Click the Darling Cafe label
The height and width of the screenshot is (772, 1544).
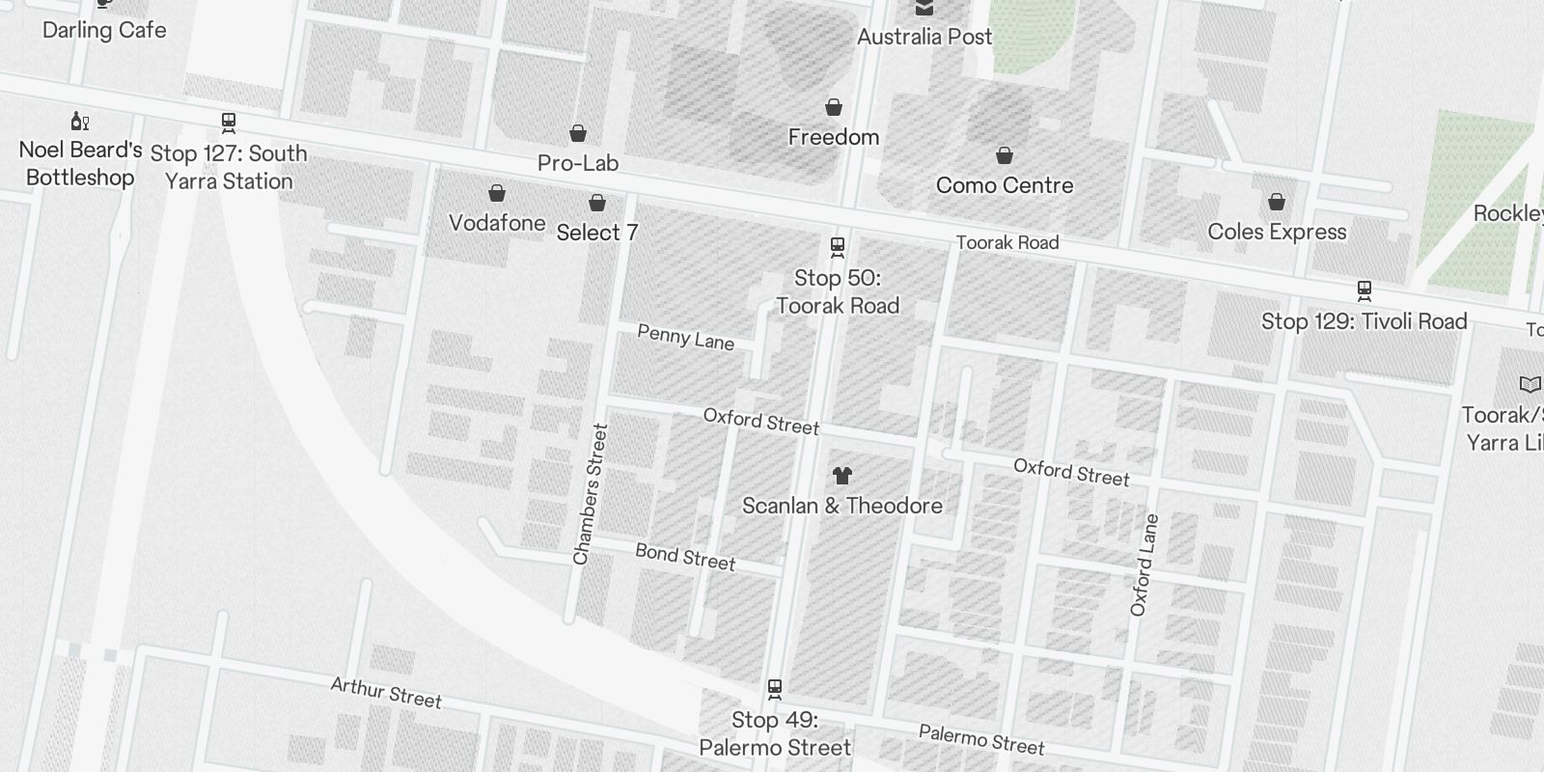click(x=104, y=30)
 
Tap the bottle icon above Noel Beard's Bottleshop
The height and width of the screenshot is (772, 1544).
click(x=80, y=121)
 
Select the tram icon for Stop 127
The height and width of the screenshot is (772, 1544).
click(x=229, y=123)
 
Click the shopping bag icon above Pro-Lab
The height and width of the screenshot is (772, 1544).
click(x=578, y=133)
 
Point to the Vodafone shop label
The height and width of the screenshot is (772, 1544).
click(x=497, y=223)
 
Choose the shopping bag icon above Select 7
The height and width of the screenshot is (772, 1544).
click(x=597, y=203)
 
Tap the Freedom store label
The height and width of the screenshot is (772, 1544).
click(x=834, y=137)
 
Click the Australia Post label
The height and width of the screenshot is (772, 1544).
click(x=924, y=37)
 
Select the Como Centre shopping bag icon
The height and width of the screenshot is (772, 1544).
click(x=1005, y=155)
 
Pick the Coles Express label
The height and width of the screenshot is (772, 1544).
click(x=1277, y=232)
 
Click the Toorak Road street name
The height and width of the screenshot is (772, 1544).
click(x=1007, y=242)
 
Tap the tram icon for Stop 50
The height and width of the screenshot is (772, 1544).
click(x=838, y=247)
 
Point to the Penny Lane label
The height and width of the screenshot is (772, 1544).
click(x=686, y=338)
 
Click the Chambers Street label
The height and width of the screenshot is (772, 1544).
click(x=591, y=494)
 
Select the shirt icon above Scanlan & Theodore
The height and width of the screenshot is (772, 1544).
click(x=842, y=475)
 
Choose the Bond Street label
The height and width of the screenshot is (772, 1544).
click(x=685, y=557)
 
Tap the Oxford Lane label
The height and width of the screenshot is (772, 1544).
click(x=1144, y=565)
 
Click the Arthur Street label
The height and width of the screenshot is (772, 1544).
click(x=386, y=692)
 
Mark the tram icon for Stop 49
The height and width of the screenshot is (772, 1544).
click(x=774, y=689)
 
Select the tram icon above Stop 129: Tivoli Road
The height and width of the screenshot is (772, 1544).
click(x=1365, y=289)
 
